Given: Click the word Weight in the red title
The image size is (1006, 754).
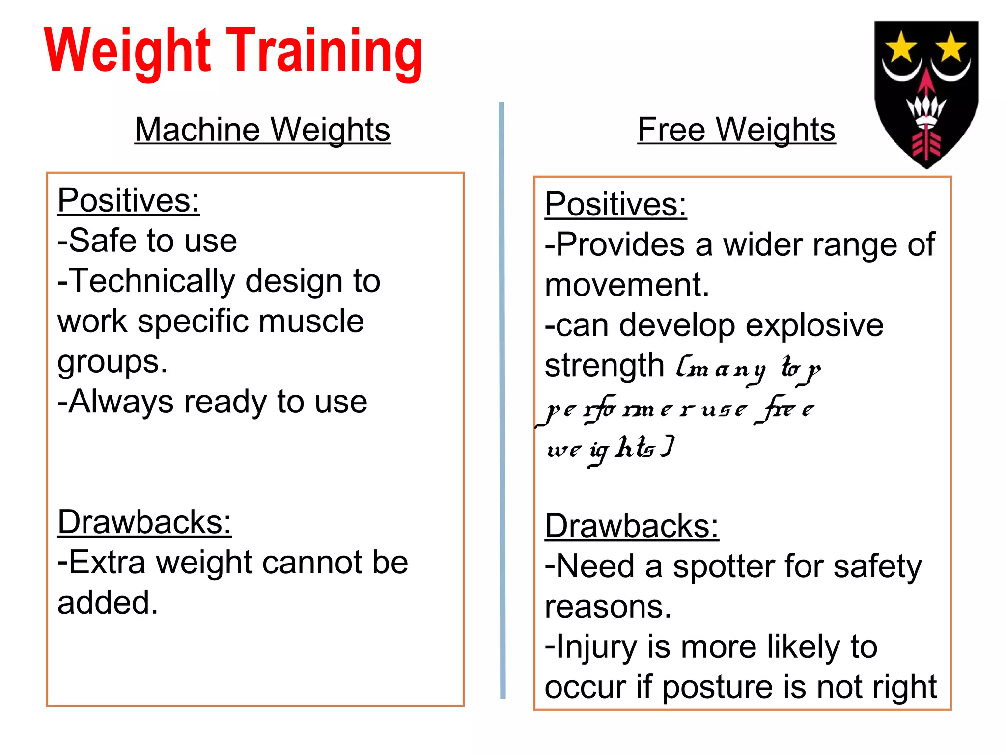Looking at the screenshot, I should pos(128,51).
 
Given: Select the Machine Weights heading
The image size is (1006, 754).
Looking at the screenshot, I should pos(262,130).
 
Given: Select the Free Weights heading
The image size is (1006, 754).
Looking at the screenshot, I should pos(736,130).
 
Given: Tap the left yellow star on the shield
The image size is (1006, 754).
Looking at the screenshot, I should pos(901,47).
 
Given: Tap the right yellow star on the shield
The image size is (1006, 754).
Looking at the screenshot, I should pos(951,47).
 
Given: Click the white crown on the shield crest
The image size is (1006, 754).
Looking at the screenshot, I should pos(926,109).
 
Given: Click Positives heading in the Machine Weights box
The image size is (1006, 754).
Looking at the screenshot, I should pos(128,200).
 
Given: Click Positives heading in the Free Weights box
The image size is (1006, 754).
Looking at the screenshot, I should pos(615,204).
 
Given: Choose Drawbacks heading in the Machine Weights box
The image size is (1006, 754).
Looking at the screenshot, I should pos(144,522).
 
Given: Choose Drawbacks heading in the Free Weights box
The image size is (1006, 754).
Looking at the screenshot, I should pos(632,526).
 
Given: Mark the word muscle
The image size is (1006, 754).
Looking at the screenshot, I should pos(311,322).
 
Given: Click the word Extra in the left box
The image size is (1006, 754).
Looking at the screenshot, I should pos(107,562).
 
